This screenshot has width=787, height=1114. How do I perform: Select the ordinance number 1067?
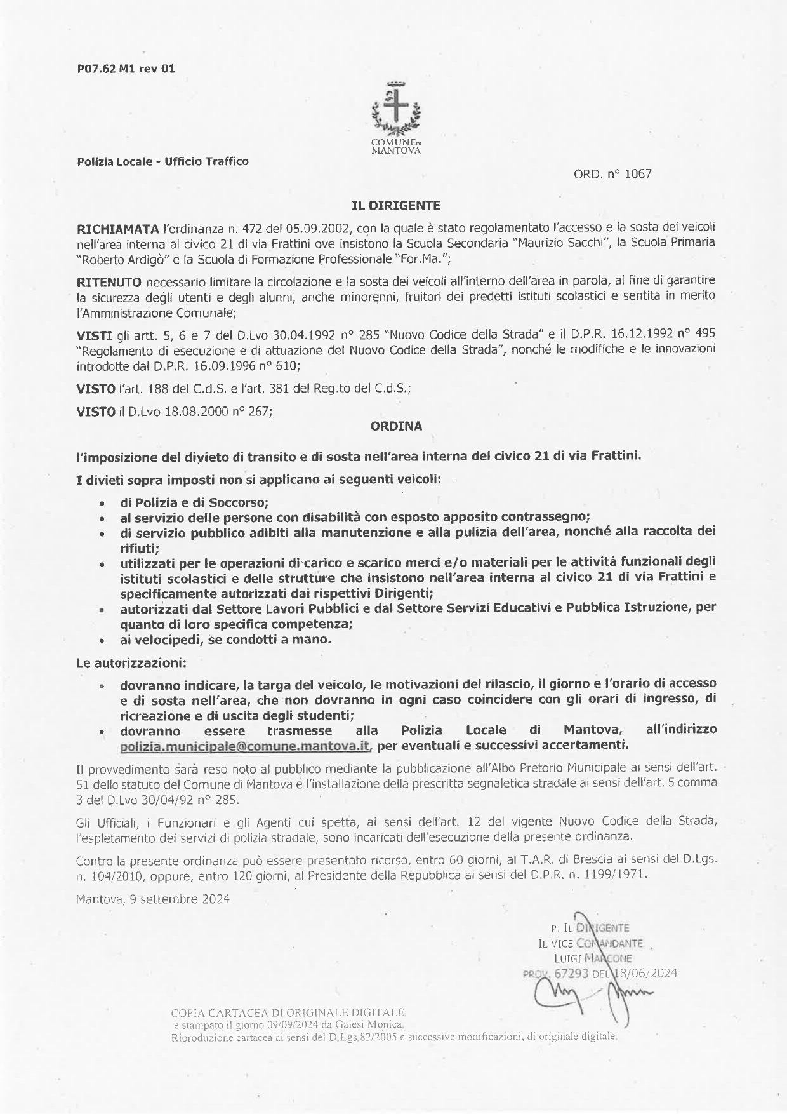pyautogui.click(x=638, y=173)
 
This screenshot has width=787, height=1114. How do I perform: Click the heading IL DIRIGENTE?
pyautogui.click(x=396, y=206)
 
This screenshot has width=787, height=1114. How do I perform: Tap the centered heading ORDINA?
pyautogui.click(x=396, y=427)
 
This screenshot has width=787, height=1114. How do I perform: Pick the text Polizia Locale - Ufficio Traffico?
pyautogui.click(x=162, y=161)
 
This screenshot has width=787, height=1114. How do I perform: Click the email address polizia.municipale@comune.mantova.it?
pyautogui.click(x=245, y=745)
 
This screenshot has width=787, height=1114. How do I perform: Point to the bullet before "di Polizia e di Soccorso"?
pyautogui.click(x=102, y=503)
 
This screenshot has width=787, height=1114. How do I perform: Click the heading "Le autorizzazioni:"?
pyautogui.click(x=131, y=663)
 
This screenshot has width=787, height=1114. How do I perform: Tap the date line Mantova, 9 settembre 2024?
pyautogui.click(x=152, y=899)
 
